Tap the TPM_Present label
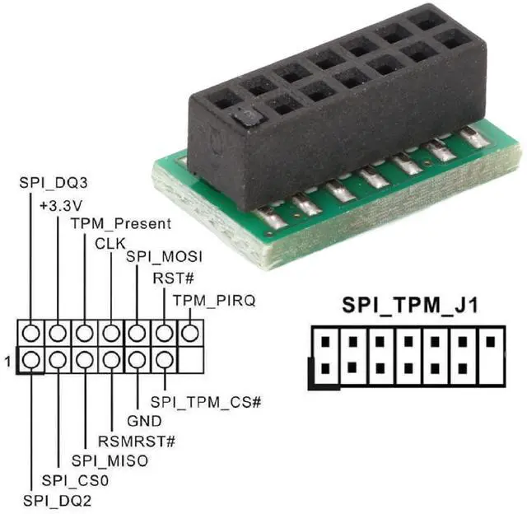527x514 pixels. click(x=120, y=223)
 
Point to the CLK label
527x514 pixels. click(x=109, y=244)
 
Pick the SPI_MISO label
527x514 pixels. click(x=110, y=460)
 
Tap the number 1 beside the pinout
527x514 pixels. click(x=9, y=360)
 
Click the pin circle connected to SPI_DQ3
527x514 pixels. click(x=30, y=334)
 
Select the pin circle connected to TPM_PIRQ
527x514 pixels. click(x=190, y=334)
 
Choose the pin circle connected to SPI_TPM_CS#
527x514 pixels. click(x=164, y=360)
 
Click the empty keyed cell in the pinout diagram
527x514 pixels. click(x=190, y=360)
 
